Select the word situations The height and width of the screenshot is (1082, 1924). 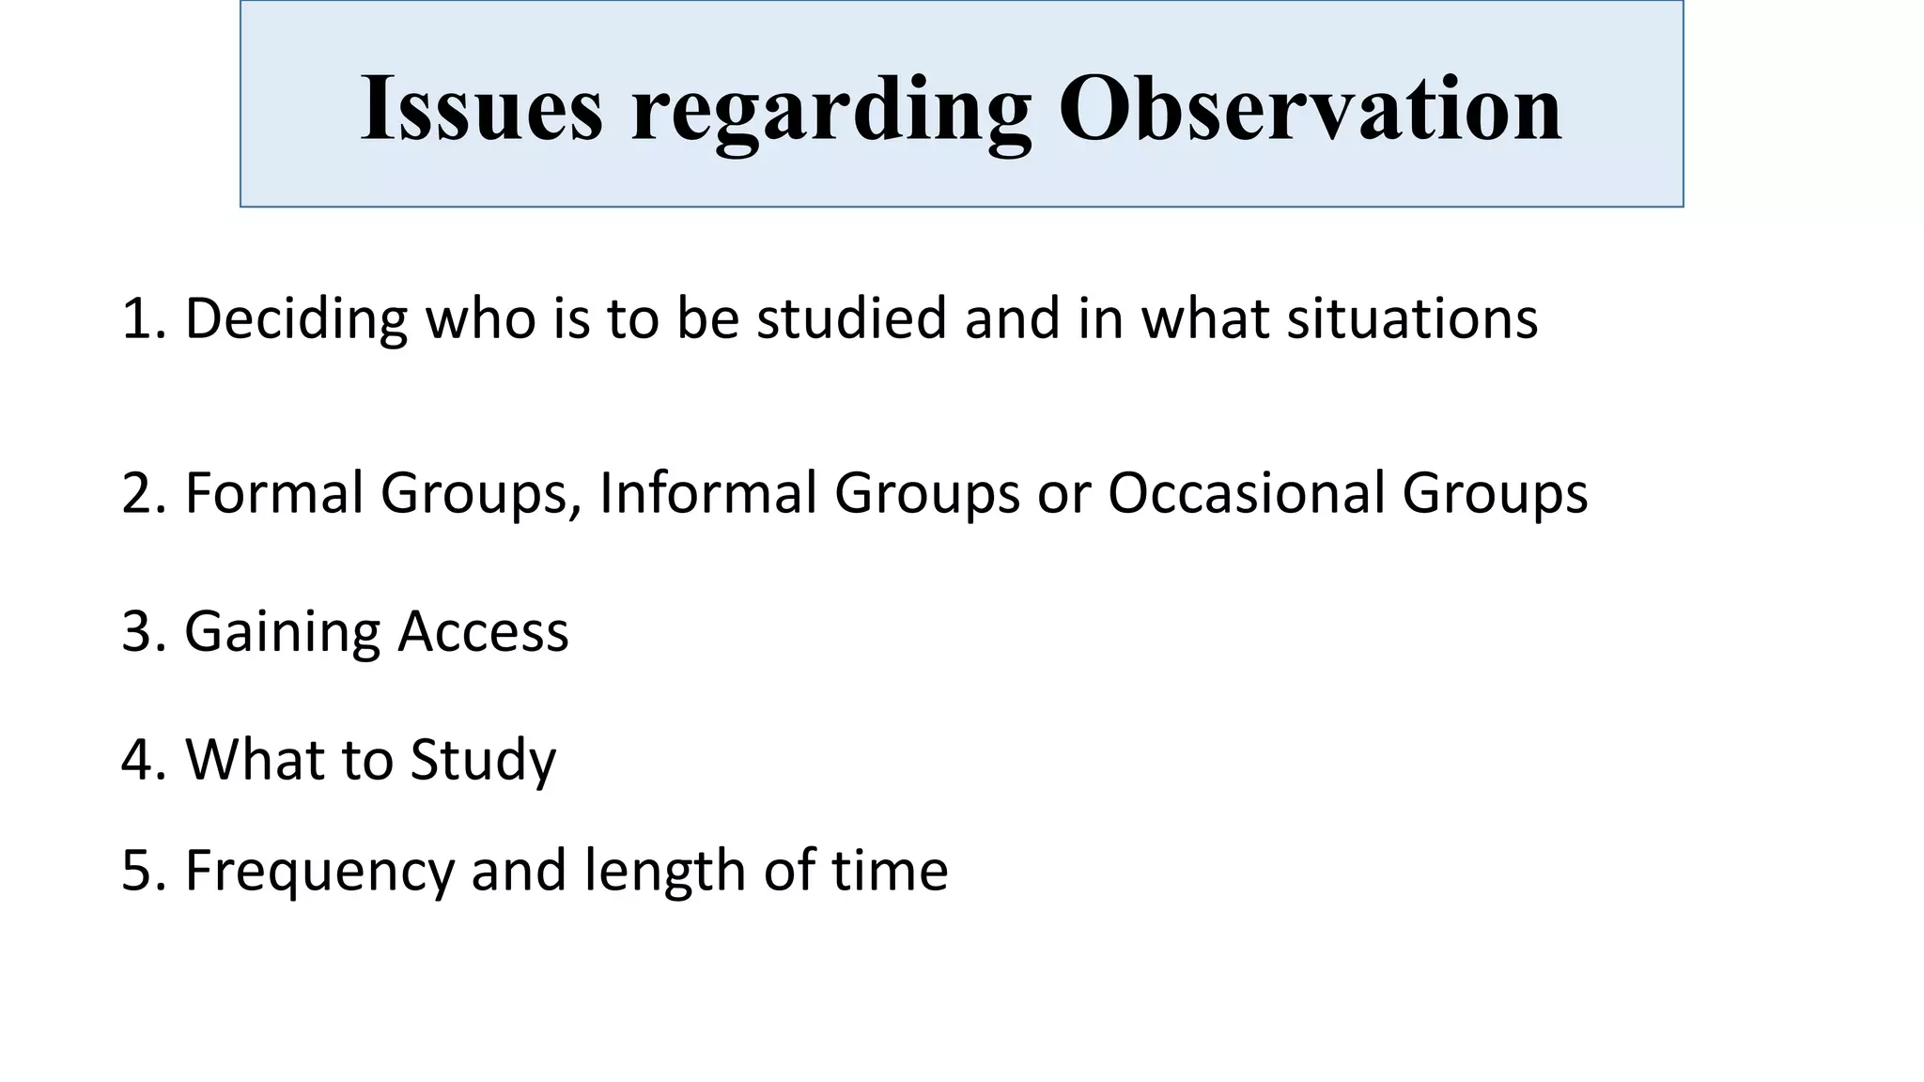(1412, 318)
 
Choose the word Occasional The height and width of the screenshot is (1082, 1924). (1247, 493)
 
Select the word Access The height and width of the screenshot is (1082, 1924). (484, 631)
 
